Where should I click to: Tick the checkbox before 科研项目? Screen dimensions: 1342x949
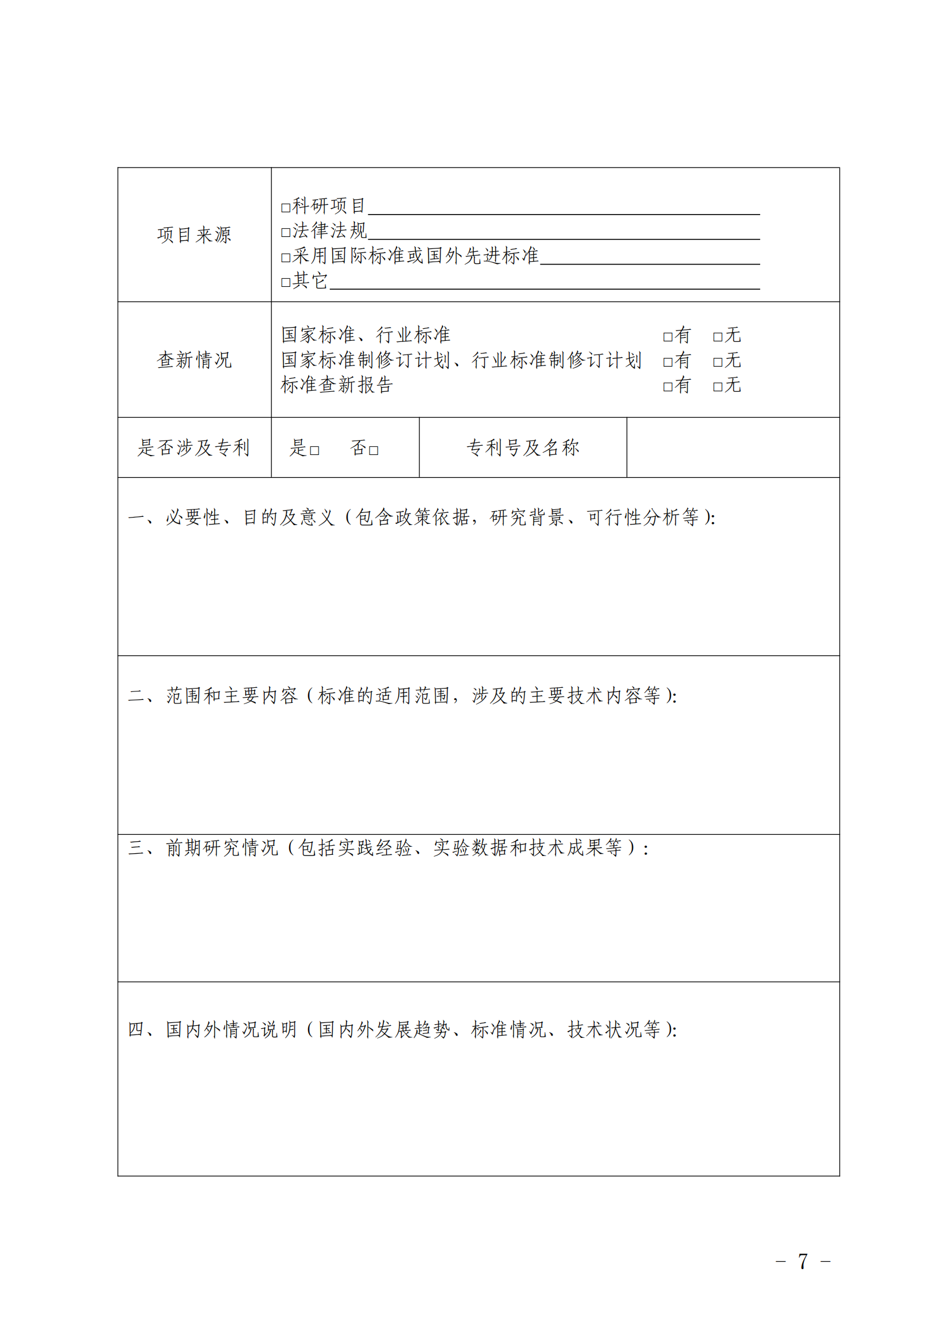pos(286,208)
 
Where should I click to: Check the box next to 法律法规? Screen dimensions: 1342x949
pos(286,232)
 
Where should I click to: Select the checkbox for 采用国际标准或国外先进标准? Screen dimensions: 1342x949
pos(286,258)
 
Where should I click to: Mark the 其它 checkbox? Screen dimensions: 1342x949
pos(286,283)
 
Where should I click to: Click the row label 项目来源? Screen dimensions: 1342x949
pos(194,235)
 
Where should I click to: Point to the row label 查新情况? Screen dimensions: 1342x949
pos(194,360)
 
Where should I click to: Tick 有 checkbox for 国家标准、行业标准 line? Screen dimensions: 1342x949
pos(667,337)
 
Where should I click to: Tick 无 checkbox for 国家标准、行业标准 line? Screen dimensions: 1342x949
pos(718,337)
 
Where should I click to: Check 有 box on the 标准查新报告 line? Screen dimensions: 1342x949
pos(667,387)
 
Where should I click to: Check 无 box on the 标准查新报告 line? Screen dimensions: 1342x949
pos(718,387)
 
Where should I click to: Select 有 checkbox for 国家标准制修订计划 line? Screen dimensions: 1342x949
pos(667,363)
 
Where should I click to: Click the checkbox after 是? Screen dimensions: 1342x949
pos(314,450)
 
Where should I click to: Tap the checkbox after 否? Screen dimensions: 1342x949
pos(374,450)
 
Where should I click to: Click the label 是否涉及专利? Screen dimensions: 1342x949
pos(194,448)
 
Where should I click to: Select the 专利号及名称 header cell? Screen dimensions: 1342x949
pos(523,448)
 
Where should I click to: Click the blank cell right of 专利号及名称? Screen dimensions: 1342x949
pos(733,448)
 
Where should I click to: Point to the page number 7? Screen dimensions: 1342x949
pos(803,1261)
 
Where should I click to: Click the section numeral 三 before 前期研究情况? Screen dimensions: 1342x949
pos(135,848)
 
